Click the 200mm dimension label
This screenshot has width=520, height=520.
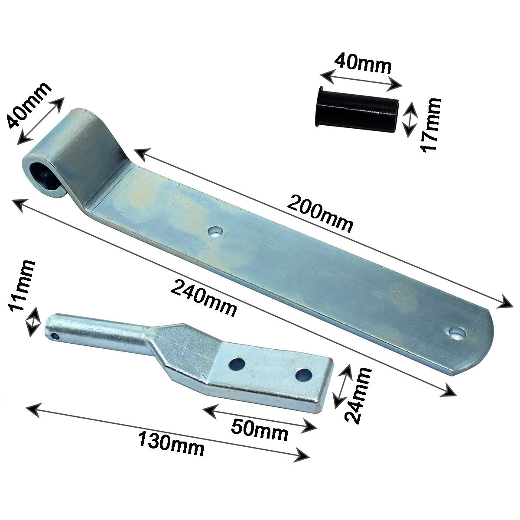(321, 213)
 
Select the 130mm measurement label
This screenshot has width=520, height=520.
(171, 443)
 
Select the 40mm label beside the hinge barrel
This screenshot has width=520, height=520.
(29, 106)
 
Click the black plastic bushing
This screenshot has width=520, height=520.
(357, 112)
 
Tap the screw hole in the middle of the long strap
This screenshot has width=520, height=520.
(215, 233)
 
